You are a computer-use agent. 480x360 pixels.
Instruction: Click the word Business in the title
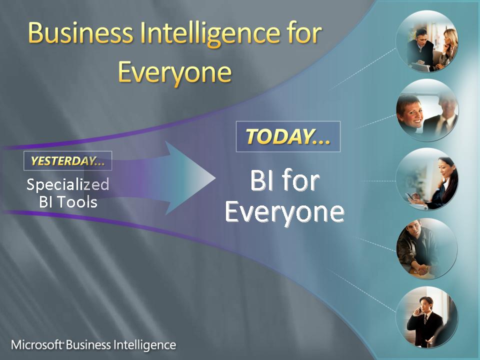click(x=80, y=33)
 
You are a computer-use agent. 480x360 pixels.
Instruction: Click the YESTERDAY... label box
click(x=67, y=160)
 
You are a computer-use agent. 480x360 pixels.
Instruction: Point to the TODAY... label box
click(x=288, y=136)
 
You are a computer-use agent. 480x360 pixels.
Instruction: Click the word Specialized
click(x=67, y=184)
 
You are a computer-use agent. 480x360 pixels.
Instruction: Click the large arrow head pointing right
click(x=190, y=178)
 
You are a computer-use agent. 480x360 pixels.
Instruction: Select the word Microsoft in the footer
click(x=37, y=344)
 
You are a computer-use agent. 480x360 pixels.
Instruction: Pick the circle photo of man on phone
click(x=427, y=317)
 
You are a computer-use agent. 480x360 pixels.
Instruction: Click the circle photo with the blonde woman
click(x=427, y=41)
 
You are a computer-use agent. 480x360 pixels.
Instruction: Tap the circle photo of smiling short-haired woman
click(x=427, y=110)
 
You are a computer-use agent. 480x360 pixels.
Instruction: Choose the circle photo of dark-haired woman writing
click(x=427, y=179)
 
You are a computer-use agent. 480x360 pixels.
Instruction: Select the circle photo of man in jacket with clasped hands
click(x=427, y=248)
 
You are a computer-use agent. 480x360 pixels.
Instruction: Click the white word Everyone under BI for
click(x=284, y=212)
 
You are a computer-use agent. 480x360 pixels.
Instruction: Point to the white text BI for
click(x=284, y=180)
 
